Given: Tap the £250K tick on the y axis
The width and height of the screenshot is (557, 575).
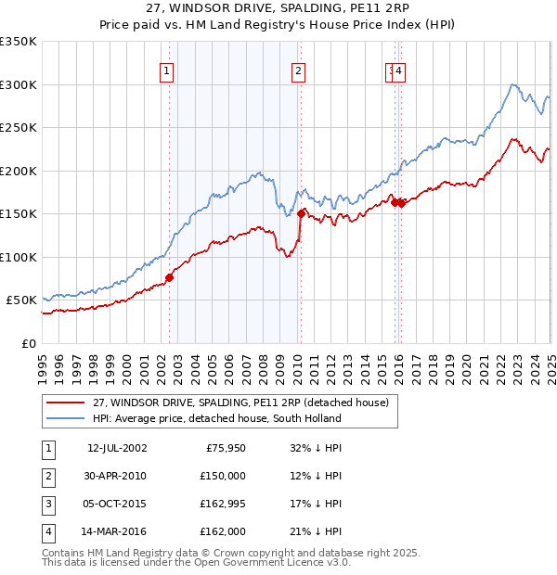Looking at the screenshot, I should click(19, 128).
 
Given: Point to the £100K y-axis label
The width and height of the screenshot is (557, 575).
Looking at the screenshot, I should click(19, 257).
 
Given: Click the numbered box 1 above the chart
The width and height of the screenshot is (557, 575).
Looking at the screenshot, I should click(166, 70).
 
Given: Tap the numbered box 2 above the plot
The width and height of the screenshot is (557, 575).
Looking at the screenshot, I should click(298, 70).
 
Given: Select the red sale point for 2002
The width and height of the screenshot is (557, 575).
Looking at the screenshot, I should click(169, 277).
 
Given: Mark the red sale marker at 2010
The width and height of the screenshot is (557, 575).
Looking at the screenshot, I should click(301, 213).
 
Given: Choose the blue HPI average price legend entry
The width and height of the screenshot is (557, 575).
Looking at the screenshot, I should click(216, 418).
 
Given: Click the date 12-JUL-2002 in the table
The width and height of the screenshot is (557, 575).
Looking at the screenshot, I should click(117, 448).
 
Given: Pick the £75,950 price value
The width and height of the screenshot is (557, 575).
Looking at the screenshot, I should click(223, 448).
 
